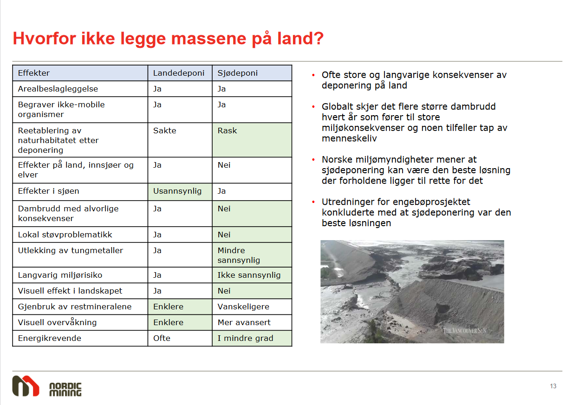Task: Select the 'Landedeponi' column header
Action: (180, 73)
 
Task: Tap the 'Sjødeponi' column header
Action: (252, 73)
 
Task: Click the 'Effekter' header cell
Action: (80, 73)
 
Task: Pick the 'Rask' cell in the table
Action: (252, 140)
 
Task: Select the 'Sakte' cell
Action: (180, 140)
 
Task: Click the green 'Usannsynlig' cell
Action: (180, 192)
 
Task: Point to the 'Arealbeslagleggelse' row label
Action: (58, 89)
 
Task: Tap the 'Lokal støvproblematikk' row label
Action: (65, 235)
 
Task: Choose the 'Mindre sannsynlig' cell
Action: (252, 255)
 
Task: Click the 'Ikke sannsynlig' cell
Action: (252, 275)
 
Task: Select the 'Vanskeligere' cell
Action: (252, 307)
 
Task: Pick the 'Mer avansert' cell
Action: (252, 322)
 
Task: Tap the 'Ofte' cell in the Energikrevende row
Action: (180, 338)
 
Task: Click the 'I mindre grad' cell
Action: (252, 338)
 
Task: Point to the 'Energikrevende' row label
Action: (49, 338)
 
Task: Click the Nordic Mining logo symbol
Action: (26, 386)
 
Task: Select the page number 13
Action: (553, 386)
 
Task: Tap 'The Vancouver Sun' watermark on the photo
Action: (464, 331)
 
